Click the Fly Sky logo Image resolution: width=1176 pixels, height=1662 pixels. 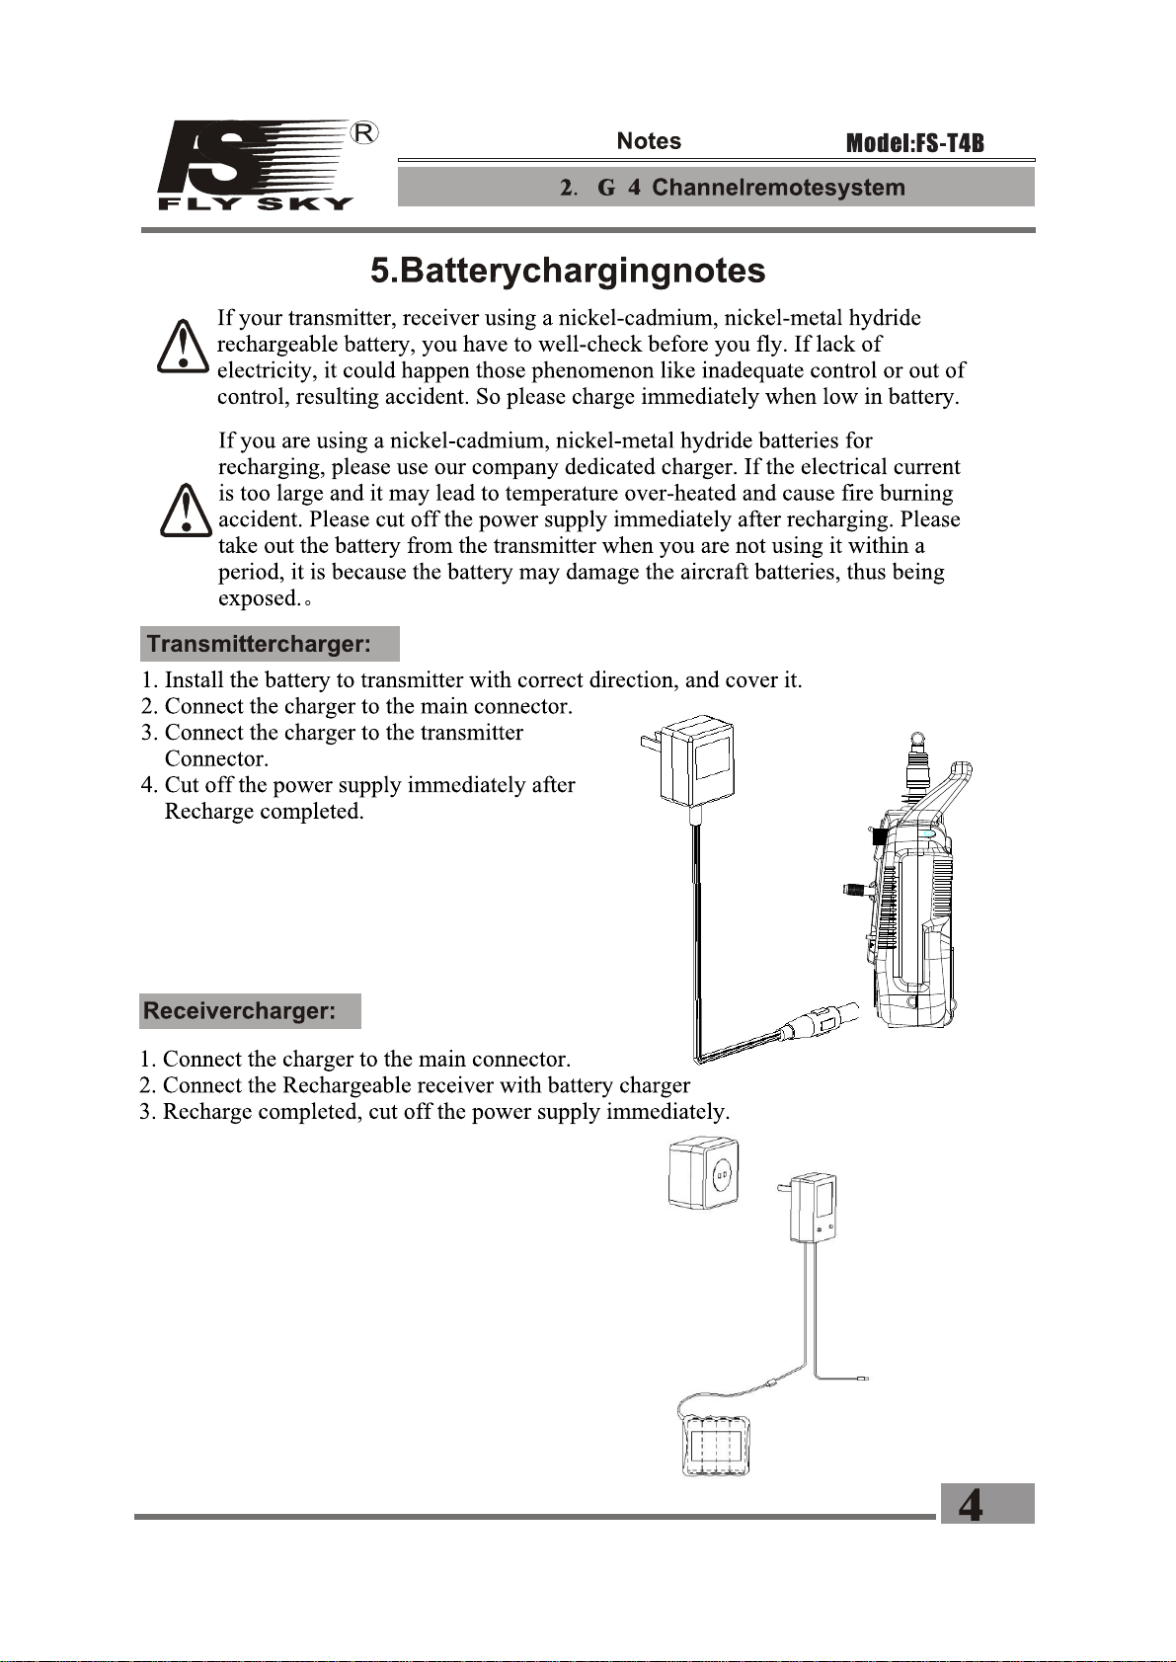point(255,165)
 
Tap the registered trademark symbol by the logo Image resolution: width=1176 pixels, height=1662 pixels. point(364,132)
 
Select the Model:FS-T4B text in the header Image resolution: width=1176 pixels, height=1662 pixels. point(914,143)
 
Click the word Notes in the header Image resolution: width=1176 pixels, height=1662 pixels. point(649,141)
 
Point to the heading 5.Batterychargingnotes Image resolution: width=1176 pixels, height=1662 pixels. point(568,271)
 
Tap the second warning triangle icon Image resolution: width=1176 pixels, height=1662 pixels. point(186,511)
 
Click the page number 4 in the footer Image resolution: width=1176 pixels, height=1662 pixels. point(973,1504)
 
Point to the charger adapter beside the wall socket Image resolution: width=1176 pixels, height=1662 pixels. point(814,1207)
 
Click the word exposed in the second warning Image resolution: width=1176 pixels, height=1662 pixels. point(259,598)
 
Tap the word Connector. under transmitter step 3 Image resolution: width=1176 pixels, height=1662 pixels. point(216,759)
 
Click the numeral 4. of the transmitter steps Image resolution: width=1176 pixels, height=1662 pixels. point(149,785)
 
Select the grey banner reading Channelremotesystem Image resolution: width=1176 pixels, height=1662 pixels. point(716,188)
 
